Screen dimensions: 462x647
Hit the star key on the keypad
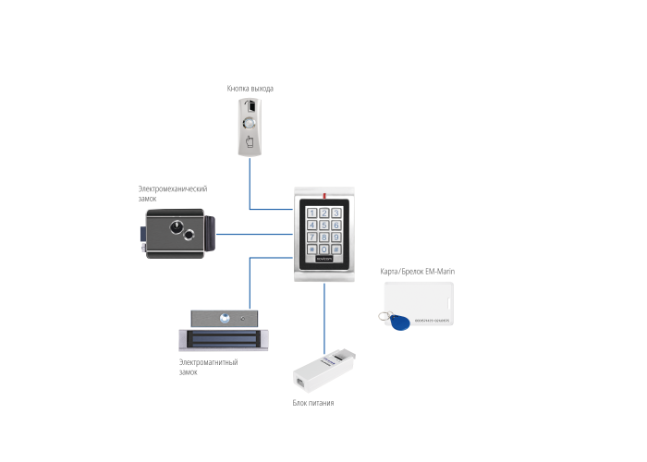point(311,249)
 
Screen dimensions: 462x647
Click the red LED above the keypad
point(323,195)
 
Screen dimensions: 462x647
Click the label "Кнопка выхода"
point(250,89)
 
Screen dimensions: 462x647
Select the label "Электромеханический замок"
point(171,193)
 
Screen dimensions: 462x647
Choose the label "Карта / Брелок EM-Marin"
point(418,272)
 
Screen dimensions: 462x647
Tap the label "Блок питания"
point(312,404)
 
